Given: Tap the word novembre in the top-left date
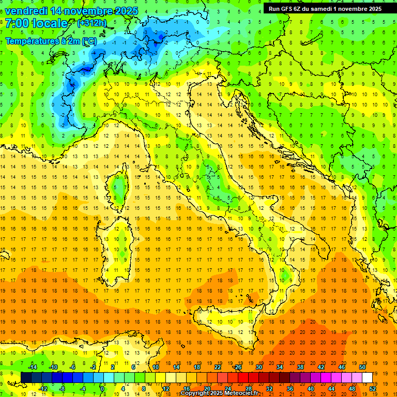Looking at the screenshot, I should (x=90, y=11).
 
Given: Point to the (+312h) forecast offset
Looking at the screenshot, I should (x=93, y=23).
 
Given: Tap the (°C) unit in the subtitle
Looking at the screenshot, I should (x=88, y=41).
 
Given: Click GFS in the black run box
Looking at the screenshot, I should (x=287, y=8).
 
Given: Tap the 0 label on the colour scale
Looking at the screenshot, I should (x=102, y=389).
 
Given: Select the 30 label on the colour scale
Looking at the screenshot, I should (x=259, y=367).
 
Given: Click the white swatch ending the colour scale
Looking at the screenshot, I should (x=368, y=377).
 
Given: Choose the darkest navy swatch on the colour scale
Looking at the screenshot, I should (x=26, y=377).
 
